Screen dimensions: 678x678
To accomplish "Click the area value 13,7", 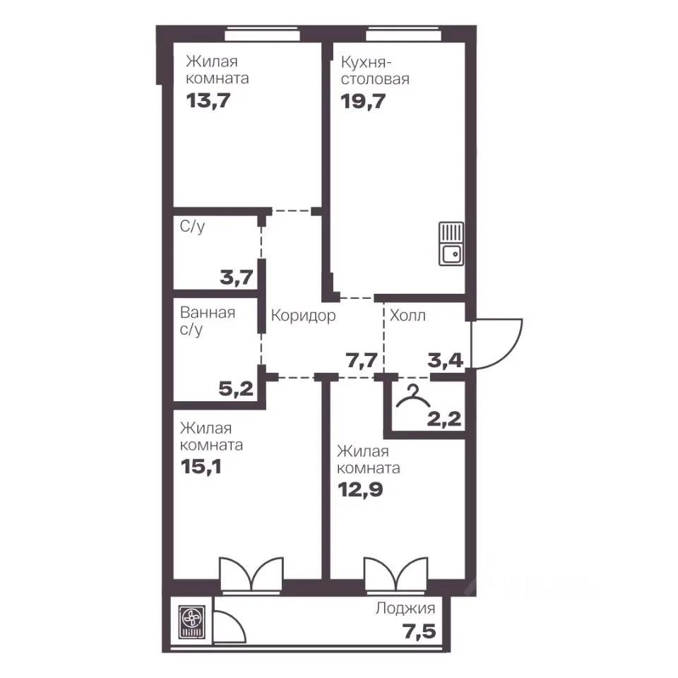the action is tap(208, 101).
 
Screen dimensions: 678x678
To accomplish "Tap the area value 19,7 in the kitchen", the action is tap(363, 102).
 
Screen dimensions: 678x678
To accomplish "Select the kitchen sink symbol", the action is tap(451, 244).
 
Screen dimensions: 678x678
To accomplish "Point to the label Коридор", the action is tap(303, 316).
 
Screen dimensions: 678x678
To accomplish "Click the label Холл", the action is tap(408, 316).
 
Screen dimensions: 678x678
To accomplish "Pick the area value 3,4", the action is tap(446, 359).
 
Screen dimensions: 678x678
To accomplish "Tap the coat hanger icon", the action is tap(413, 396).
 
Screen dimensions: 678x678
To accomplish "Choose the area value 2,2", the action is tap(444, 419).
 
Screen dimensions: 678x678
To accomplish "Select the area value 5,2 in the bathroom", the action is tap(236, 388).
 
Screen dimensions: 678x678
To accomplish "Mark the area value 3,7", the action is tap(236, 277).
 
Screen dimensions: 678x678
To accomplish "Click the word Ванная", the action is tap(208, 312).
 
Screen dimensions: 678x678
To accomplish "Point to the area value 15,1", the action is tap(201, 467).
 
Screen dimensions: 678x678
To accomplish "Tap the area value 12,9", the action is tap(360, 490).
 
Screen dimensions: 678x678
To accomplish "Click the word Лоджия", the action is tap(405, 608).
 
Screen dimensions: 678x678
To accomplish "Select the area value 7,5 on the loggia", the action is tap(420, 631).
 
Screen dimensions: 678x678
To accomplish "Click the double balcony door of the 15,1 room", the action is tap(251, 573).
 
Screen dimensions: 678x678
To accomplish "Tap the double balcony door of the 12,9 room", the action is tap(395, 573).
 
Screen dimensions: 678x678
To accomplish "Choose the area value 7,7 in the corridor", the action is tap(362, 359).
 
